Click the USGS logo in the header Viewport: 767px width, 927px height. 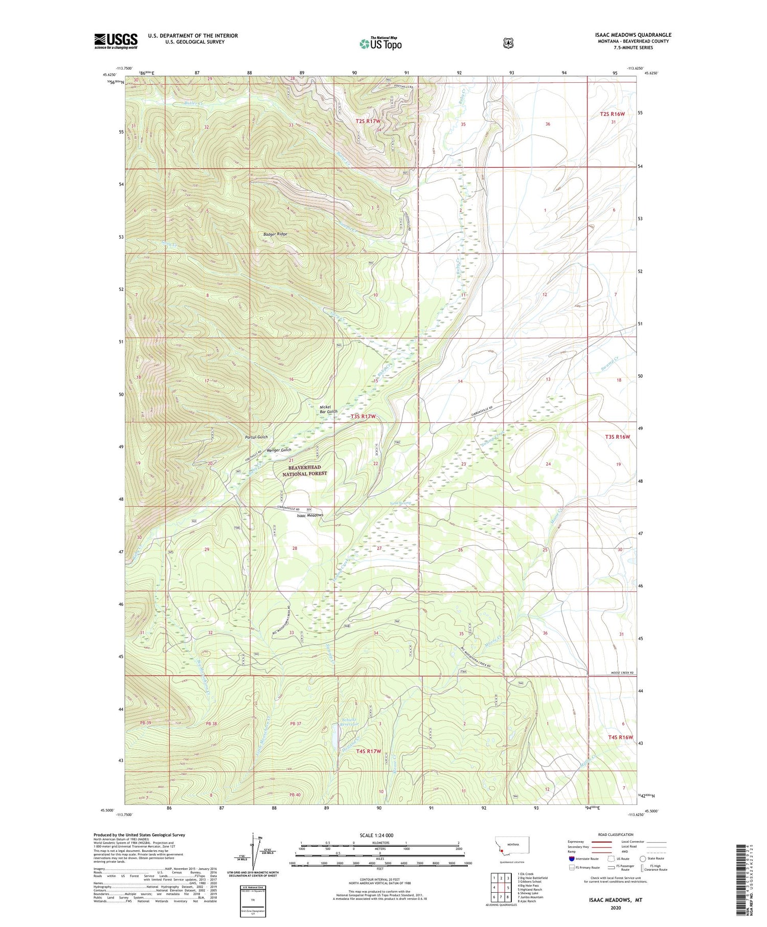pos(116,41)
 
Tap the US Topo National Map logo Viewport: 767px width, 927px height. pos(380,43)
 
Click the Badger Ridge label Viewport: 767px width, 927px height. pos(275,234)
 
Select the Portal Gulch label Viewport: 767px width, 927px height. pos(256,437)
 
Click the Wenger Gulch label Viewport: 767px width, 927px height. pos(279,450)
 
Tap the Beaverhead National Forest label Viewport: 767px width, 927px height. pos(305,470)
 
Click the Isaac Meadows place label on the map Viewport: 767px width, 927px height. pos(310,515)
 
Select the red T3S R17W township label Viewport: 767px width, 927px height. pos(363,417)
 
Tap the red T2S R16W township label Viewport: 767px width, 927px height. pos(612,114)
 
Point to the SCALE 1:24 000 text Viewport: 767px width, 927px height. pos(376,835)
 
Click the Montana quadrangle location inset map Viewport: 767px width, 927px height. pos(512,848)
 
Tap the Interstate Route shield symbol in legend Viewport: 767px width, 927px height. pos(571,858)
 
